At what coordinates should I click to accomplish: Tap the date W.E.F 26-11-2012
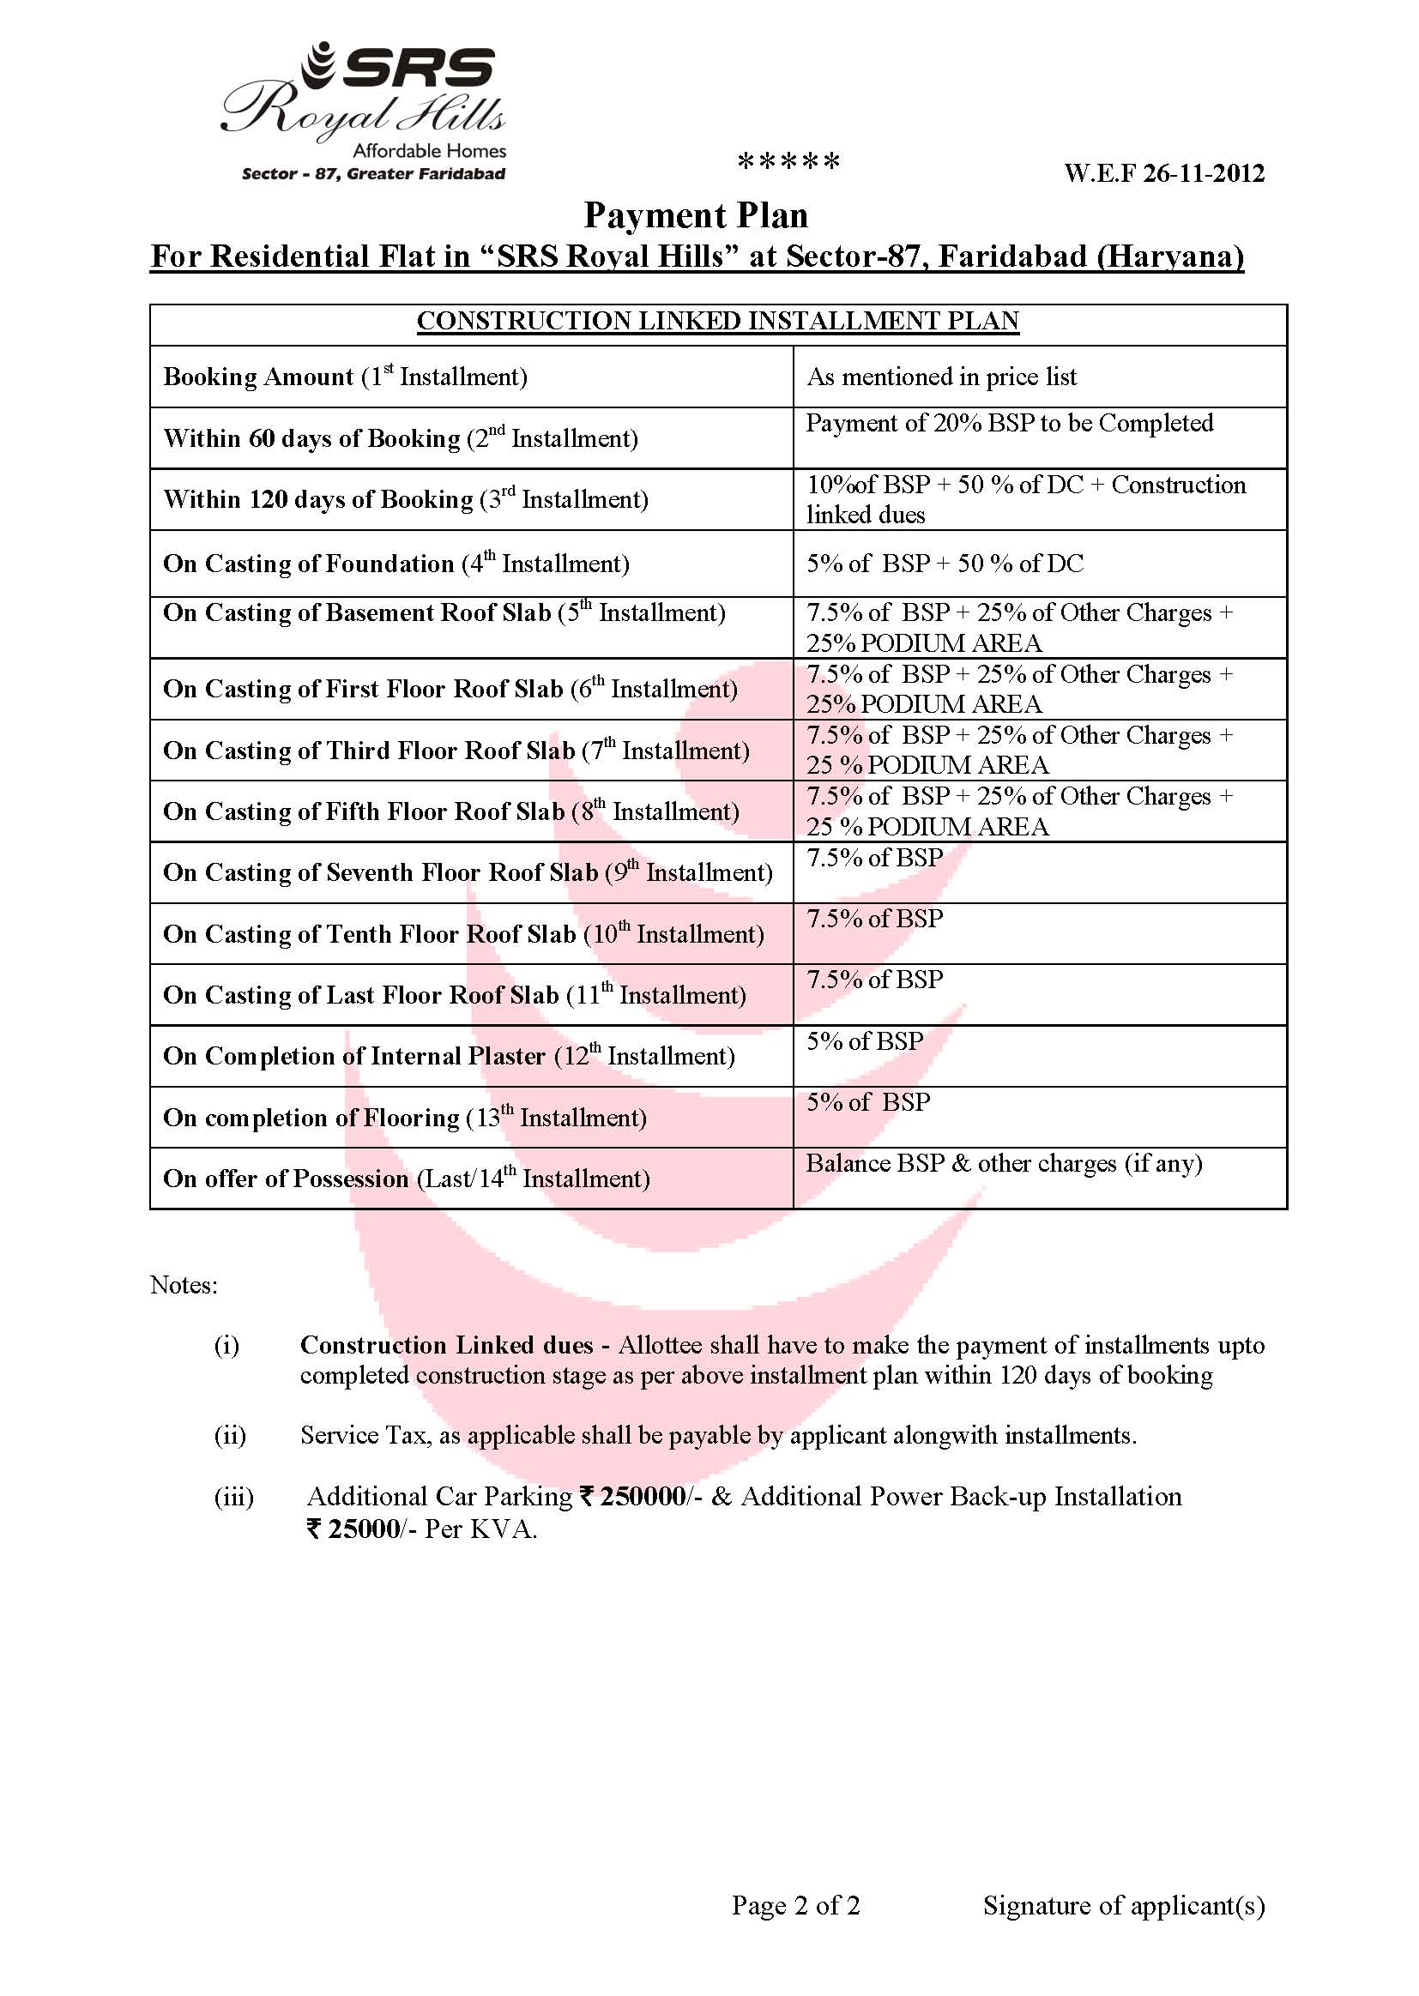pyautogui.click(x=1164, y=173)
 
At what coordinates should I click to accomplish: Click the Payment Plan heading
pyautogui.click(x=696, y=215)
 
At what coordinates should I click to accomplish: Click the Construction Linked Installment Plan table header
pyautogui.click(x=717, y=322)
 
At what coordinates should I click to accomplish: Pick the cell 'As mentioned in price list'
pyautogui.click(x=941, y=377)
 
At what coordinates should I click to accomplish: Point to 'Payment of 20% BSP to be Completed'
pyautogui.click(x=1009, y=424)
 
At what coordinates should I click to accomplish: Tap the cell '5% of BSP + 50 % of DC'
pyautogui.click(x=945, y=564)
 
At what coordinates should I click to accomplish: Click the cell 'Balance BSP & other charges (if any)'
pyautogui.click(x=1004, y=1163)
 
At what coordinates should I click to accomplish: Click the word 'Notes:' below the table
pyautogui.click(x=184, y=1285)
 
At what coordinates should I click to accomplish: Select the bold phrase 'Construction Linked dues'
pyautogui.click(x=446, y=1345)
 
